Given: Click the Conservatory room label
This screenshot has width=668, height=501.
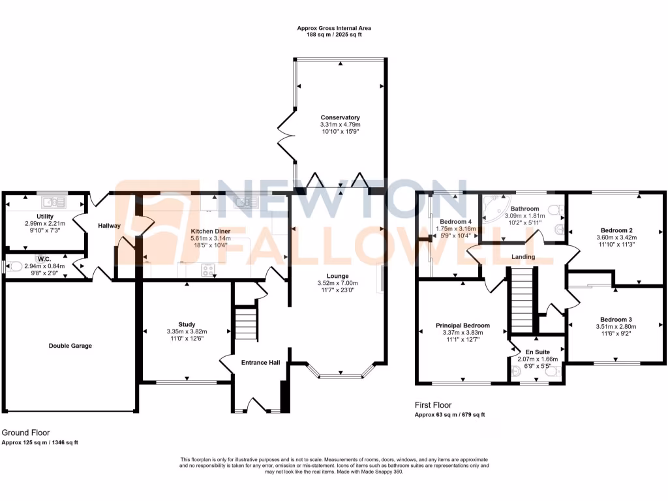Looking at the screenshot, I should coord(340,117).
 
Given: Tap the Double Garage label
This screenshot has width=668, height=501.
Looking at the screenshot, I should coord(70,346).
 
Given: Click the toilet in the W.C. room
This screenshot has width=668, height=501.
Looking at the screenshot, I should coord(8,266).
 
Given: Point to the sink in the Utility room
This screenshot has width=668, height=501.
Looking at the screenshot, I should coord(51,202).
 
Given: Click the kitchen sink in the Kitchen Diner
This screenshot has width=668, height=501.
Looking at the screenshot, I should coord(246,202).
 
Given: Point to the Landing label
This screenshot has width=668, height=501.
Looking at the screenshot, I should coord(523,257).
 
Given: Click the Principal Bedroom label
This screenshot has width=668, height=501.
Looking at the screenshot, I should coord(463,326).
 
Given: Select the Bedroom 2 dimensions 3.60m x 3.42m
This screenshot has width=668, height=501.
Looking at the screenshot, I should coord(616,238).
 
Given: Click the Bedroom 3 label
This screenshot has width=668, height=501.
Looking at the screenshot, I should coord(616,319).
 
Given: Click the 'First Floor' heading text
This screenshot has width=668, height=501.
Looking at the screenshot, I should coord(433,405).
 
